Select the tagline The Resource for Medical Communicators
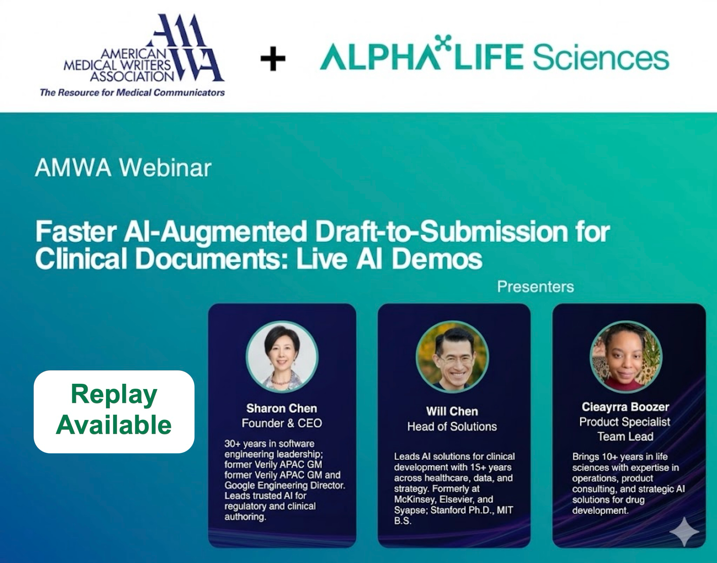point(132,92)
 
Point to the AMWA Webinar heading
point(123,168)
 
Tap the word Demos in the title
point(436,259)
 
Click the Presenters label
point(535,287)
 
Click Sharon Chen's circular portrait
point(282,357)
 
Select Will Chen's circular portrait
point(452,357)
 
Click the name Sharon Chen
point(282,408)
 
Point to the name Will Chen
point(452,411)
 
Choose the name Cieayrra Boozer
point(625,407)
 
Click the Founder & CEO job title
point(282,423)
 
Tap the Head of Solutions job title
point(452,427)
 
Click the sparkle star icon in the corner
point(684,531)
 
